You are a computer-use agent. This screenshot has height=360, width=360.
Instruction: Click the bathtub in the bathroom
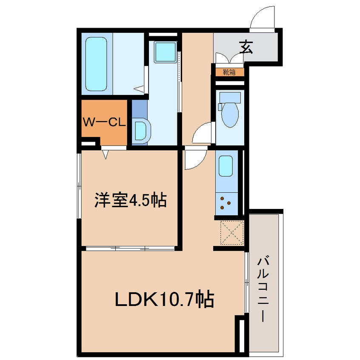(96, 64)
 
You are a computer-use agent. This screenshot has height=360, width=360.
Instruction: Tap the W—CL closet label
(104, 122)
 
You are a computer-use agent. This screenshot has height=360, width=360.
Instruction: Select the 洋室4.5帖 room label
(130, 200)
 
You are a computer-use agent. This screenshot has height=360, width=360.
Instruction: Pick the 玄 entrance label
(246, 47)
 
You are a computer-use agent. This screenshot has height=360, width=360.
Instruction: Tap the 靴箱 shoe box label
(229, 72)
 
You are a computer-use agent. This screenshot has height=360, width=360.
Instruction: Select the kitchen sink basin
(226, 166)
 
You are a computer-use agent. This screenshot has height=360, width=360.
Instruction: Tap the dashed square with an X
(232, 233)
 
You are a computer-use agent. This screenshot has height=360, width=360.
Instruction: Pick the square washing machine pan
(165, 52)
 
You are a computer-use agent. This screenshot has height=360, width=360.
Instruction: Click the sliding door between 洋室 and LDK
(130, 248)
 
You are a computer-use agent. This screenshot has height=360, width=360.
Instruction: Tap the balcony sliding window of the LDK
(246, 283)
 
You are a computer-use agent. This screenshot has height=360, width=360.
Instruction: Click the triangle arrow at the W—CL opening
(106, 154)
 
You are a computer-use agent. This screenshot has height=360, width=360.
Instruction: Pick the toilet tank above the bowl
(230, 98)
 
